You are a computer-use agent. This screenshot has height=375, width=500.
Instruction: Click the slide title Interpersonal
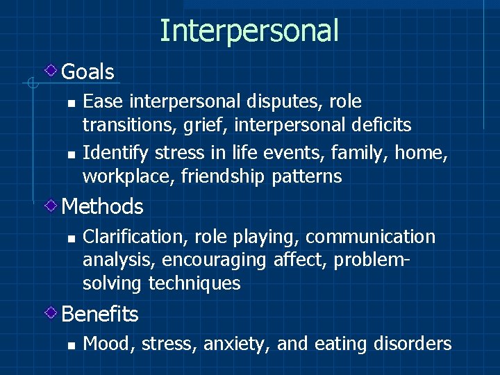[249, 31]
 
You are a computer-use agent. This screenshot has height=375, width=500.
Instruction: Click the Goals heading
[87, 72]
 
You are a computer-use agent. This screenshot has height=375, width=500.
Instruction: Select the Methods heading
[102, 206]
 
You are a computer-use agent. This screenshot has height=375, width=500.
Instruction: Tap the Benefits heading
[100, 314]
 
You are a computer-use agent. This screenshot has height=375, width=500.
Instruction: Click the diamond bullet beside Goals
[51, 71]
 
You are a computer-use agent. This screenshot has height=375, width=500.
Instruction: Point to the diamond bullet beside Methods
[51, 206]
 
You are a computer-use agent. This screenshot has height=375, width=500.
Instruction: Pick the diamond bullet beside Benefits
[51, 313]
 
